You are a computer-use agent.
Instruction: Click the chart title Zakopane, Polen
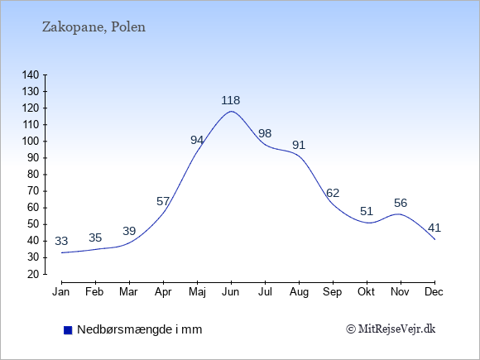click(94, 27)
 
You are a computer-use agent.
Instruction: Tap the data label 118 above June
click(231, 100)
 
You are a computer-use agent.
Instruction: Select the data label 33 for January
click(61, 241)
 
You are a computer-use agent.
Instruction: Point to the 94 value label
click(197, 140)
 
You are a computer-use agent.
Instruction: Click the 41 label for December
click(434, 228)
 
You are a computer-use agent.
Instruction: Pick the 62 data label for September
click(333, 193)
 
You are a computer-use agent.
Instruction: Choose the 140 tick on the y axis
click(31, 75)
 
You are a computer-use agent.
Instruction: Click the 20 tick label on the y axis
click(34, 274)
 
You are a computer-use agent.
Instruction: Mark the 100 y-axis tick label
click(31, 142)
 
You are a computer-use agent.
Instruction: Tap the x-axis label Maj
click(197, 292)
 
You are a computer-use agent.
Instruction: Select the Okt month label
click(366, 292)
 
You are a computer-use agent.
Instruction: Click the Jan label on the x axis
click(61, 292)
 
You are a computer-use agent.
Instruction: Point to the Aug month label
click(299, 292)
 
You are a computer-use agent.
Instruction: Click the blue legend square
click(68, 330)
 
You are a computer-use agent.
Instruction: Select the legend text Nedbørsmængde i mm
click(140, 329)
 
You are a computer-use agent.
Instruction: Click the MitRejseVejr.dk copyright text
click(391, 329)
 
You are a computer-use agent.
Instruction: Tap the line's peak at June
click(231, 111)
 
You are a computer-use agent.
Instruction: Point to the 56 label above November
click(401, 203)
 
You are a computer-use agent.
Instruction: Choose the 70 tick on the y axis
click(34, 191)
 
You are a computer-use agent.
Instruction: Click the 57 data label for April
click(163, 201)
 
